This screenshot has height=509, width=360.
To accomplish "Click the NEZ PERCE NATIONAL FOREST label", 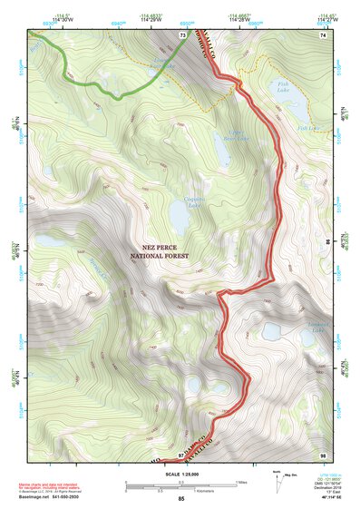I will pos(162,251).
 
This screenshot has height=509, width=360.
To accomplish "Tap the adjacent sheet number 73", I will pos(183,34).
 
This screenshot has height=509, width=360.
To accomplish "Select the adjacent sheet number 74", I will pos(322,34).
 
